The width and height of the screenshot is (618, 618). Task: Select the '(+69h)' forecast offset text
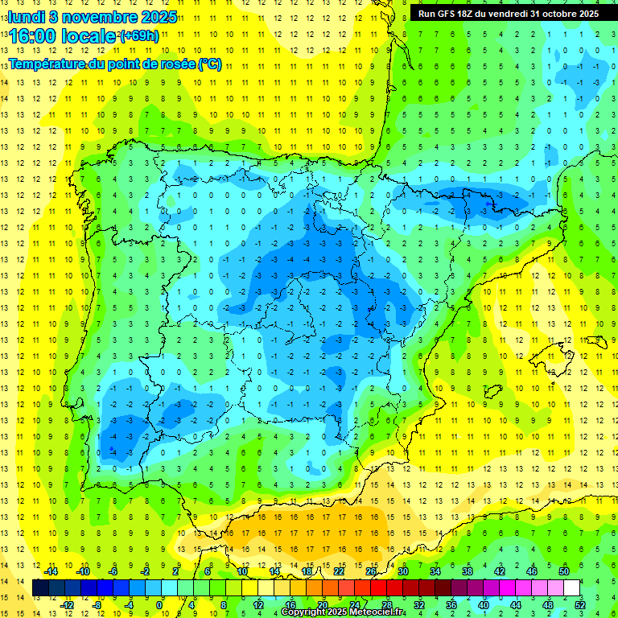(x=138, y=36)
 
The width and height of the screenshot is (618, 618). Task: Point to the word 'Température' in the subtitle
(x=50, y=64)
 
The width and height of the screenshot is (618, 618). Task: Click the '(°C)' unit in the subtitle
(x=209, y=64)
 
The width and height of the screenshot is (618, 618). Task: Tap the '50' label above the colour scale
(x=563, y=571)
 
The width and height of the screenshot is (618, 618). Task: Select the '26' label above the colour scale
(x=371, y=571)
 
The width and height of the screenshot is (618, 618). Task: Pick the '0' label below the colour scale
(x=159, y=605)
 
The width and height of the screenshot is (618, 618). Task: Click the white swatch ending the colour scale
(x=571, y=588)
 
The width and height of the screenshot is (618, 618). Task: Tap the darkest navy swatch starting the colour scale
(x=40, y=588)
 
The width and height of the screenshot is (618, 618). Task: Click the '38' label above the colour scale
(x=468, y=571)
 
